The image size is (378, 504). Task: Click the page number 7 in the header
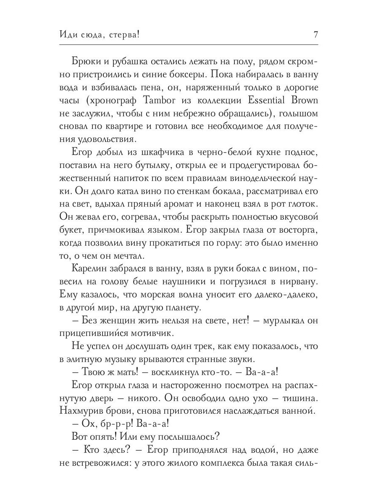point(315,35)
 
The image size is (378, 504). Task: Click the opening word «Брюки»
point(86,61)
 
